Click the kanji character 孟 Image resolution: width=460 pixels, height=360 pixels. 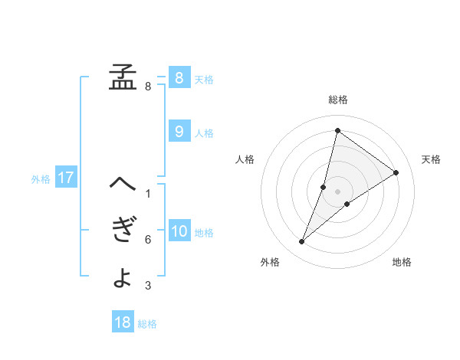[122, 77]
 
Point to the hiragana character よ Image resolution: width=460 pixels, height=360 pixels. [122, 277]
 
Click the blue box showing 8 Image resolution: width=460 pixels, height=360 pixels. [179, 77]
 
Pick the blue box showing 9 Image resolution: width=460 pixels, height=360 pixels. [179, 132]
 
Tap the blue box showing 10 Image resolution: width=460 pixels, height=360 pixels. [179, 231]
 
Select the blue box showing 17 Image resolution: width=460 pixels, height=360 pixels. [65, 178]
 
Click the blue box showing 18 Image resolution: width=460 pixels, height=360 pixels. [123, 322]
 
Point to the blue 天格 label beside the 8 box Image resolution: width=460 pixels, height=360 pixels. [204, 79]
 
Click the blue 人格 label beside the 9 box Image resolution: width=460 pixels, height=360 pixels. [204, 133]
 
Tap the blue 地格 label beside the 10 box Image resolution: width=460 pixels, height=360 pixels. [204, 233]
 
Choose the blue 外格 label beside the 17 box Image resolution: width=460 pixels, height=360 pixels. [41, 180]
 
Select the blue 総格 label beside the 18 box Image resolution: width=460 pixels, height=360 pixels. [147, 324]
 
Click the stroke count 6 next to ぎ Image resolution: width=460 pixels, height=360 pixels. [148, 240]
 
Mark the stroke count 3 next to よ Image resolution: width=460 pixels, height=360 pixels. [148, 286]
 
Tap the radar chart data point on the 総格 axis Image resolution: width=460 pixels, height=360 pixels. [337, 129]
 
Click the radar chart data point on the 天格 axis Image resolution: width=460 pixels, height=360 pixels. [396, 172]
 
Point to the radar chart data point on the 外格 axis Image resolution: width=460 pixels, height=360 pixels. [301, 242]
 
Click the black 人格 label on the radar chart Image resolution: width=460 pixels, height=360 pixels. [245, 159]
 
